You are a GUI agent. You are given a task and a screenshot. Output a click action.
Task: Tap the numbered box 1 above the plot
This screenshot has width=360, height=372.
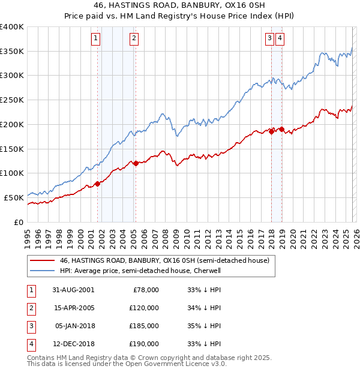coord(96,38)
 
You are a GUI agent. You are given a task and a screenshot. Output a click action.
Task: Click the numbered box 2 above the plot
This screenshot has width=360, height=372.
coord(133,38)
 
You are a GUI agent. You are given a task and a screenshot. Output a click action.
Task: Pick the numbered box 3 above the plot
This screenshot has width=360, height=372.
coord(270,38)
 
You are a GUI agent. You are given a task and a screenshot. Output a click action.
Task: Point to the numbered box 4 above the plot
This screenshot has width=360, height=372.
coord(280,38)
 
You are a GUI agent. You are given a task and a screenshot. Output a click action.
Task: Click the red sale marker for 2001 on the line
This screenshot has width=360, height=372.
coord(98,184)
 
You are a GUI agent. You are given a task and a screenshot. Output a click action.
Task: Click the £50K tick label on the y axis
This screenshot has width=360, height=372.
coord(14,197)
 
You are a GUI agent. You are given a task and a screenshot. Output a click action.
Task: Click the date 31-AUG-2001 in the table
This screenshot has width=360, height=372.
coord(73,290)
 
